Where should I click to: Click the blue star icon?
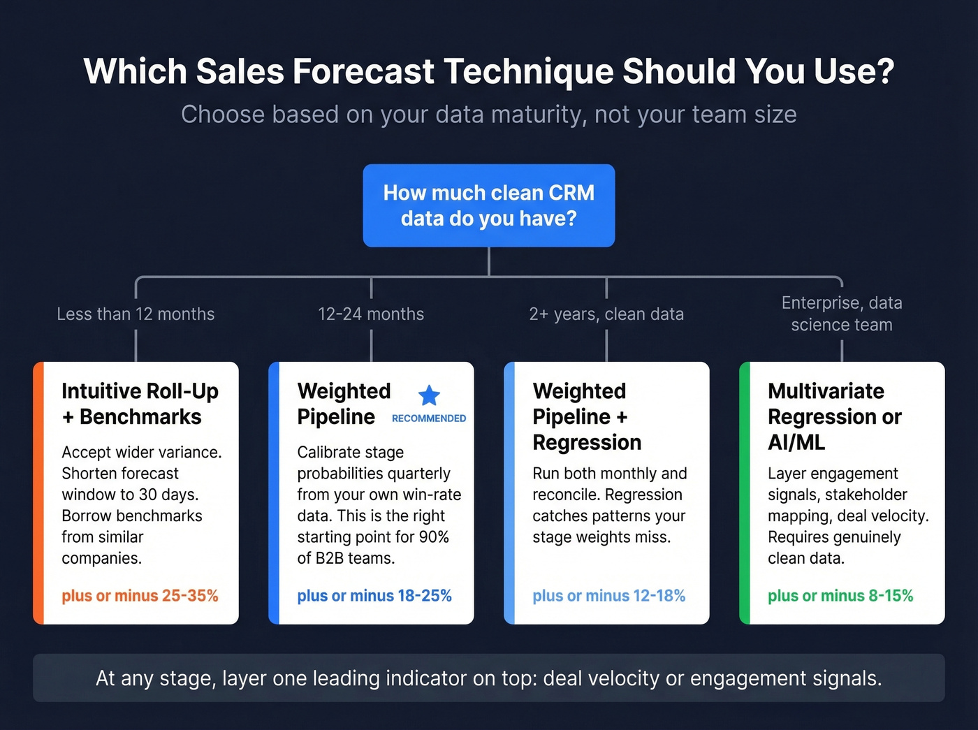point(429,395)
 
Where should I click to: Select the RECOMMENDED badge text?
point(429,418)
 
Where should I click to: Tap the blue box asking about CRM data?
point(488,205)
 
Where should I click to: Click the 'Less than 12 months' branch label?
point(136,314)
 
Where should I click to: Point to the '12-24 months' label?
point(371,314)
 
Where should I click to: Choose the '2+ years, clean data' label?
point(606,314)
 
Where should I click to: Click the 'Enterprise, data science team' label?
point(842,314)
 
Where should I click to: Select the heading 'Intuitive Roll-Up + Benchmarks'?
point(140,404)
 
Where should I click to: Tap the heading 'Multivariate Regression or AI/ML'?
point(834,416)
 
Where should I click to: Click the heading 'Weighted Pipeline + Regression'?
point(587,416)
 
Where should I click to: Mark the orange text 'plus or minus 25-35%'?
point(140,596)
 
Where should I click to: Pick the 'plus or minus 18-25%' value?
point(374,596)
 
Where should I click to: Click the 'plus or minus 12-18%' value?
point(608,596)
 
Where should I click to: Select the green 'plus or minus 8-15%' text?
point(840,596)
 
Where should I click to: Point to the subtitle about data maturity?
point(488,115)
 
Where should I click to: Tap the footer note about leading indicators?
point(488,678)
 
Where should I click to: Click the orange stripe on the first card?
point(38,492)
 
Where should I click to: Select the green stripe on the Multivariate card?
point(745,492)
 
